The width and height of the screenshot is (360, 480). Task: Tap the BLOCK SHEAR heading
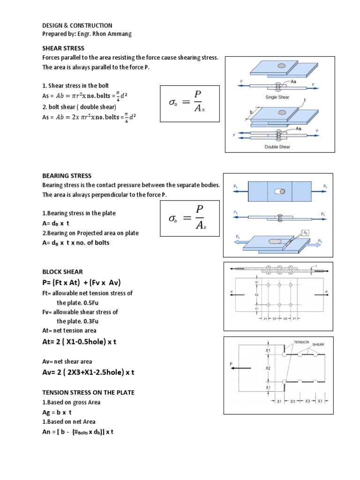(x=62, y=271)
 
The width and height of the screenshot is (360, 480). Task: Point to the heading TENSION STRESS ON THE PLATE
(x=88, y=392)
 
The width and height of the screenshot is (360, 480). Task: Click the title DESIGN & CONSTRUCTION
(x=77, y=25)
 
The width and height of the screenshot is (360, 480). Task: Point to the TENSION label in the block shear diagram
(x=301, y=342)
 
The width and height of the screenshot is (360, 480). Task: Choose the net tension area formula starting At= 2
(x=79, y=342)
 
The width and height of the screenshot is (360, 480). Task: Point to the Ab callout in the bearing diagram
(x=305, y=232)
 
